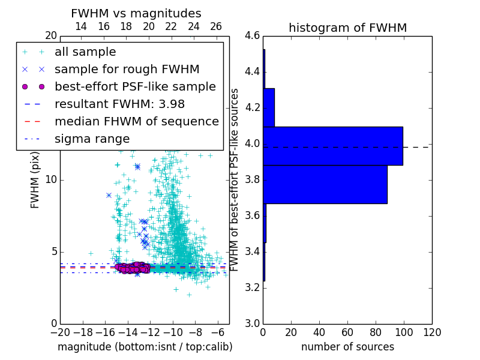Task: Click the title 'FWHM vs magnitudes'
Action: tap(136, 13)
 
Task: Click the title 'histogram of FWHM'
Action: tap(347, 28)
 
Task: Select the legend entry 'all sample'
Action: tap(85, 52)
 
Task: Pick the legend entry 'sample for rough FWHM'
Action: tap(127, 69)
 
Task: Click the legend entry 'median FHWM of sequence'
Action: tap(136, 121)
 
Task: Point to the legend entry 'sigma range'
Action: tap(92, 139)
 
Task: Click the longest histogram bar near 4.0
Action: tap(333, 146)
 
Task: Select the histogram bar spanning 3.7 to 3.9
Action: tap(325, 184)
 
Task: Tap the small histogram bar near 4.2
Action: tap(269, 107)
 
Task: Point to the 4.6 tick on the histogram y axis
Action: tap(253, 36)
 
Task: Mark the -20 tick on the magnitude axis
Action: tap(60, 331)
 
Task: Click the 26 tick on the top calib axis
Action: tap(216, 26)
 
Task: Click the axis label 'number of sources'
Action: tap(347, 347)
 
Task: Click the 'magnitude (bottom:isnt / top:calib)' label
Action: tap(145, 347)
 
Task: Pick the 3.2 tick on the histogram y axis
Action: tap(253, 287)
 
